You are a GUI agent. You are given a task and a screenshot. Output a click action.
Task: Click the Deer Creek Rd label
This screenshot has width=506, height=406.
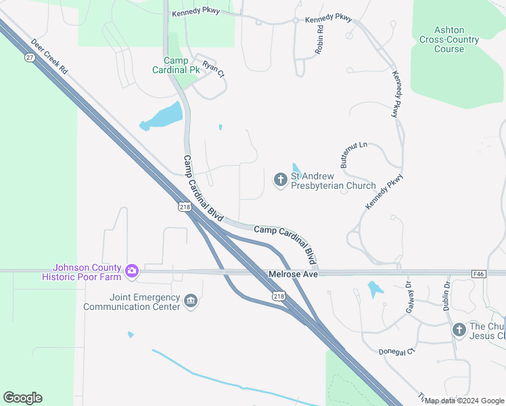point(49,55)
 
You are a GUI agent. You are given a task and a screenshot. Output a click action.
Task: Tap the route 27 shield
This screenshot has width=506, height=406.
point(30,58)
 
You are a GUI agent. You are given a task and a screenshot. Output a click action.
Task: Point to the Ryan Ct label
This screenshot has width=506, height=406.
point(213,70)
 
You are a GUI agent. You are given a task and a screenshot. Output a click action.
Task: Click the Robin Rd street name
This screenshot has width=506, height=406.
point(319,41)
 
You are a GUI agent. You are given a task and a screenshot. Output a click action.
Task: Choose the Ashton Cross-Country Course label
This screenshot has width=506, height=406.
point(449,39)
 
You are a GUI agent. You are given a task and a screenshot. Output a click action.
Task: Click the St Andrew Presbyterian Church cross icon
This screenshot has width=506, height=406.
point(280,180)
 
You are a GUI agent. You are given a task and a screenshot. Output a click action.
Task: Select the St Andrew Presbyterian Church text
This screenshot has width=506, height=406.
point(333,181)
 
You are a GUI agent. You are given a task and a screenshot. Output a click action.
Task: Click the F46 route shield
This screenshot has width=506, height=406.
point(479,273)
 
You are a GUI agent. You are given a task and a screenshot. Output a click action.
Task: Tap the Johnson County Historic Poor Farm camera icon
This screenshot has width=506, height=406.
point(132,271)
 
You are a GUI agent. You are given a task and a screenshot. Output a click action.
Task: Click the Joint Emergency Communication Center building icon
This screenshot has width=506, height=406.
point(191,301)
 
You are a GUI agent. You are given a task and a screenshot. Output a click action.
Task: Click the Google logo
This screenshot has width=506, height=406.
point(22,398)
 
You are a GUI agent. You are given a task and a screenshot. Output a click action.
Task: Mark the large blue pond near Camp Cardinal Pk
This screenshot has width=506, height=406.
point(164,116)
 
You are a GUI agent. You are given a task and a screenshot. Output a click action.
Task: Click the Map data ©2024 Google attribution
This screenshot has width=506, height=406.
point(463,401)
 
